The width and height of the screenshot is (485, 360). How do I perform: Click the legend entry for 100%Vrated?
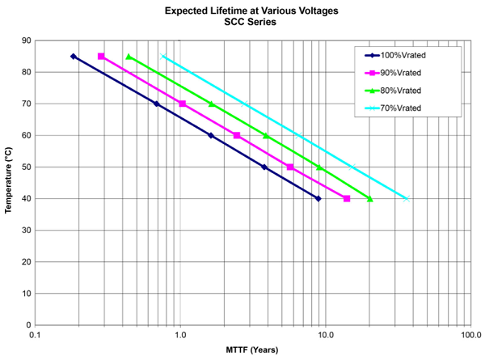pos(404,56)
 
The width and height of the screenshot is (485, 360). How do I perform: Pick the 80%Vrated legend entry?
pos(402,91)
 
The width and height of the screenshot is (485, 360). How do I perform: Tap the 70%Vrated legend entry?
pos(402,108)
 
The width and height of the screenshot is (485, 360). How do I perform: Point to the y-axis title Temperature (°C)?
pos(10,183)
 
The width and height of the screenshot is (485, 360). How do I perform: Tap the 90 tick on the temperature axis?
pos(23,40)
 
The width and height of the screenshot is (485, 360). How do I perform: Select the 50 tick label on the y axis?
pos(23,167)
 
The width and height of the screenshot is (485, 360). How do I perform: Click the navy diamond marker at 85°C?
pos(74,57)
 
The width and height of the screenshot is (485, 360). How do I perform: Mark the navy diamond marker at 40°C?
pos(318,198)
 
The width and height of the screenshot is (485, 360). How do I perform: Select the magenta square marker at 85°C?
pos(101,57)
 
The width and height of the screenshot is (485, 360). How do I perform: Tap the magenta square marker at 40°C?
pos(347,198)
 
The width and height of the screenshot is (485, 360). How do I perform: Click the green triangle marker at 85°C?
pos(129,57)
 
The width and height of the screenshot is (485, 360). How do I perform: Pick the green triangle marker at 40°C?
pos(370,198)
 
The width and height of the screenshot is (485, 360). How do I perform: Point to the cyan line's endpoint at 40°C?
pos(407,198)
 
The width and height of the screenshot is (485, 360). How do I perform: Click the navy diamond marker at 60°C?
pos(211,135)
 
